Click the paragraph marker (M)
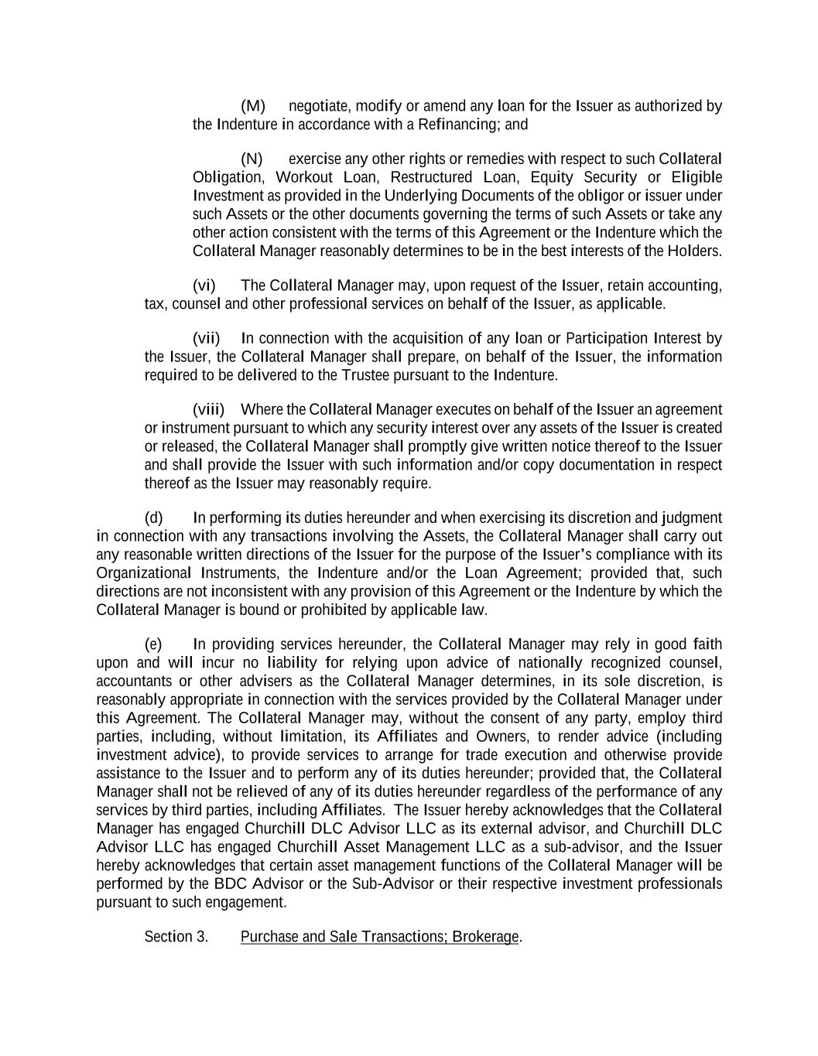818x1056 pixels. pyautogui.click(x=253, y=106)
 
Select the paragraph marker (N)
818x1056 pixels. pyautogui.click(x=252, y=159)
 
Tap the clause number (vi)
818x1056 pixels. pyautogui.click(x=204, y=286)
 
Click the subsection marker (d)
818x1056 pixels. pyautogui.click(x=154, y=518)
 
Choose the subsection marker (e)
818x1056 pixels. pyautogui.click(x=154, y=644)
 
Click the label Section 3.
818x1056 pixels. pyautogui.click(x=176, y=937)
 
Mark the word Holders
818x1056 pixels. pyautogui.click(x=694, y=251)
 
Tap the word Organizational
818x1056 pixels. pyautogui.click(x=143, y=573)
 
